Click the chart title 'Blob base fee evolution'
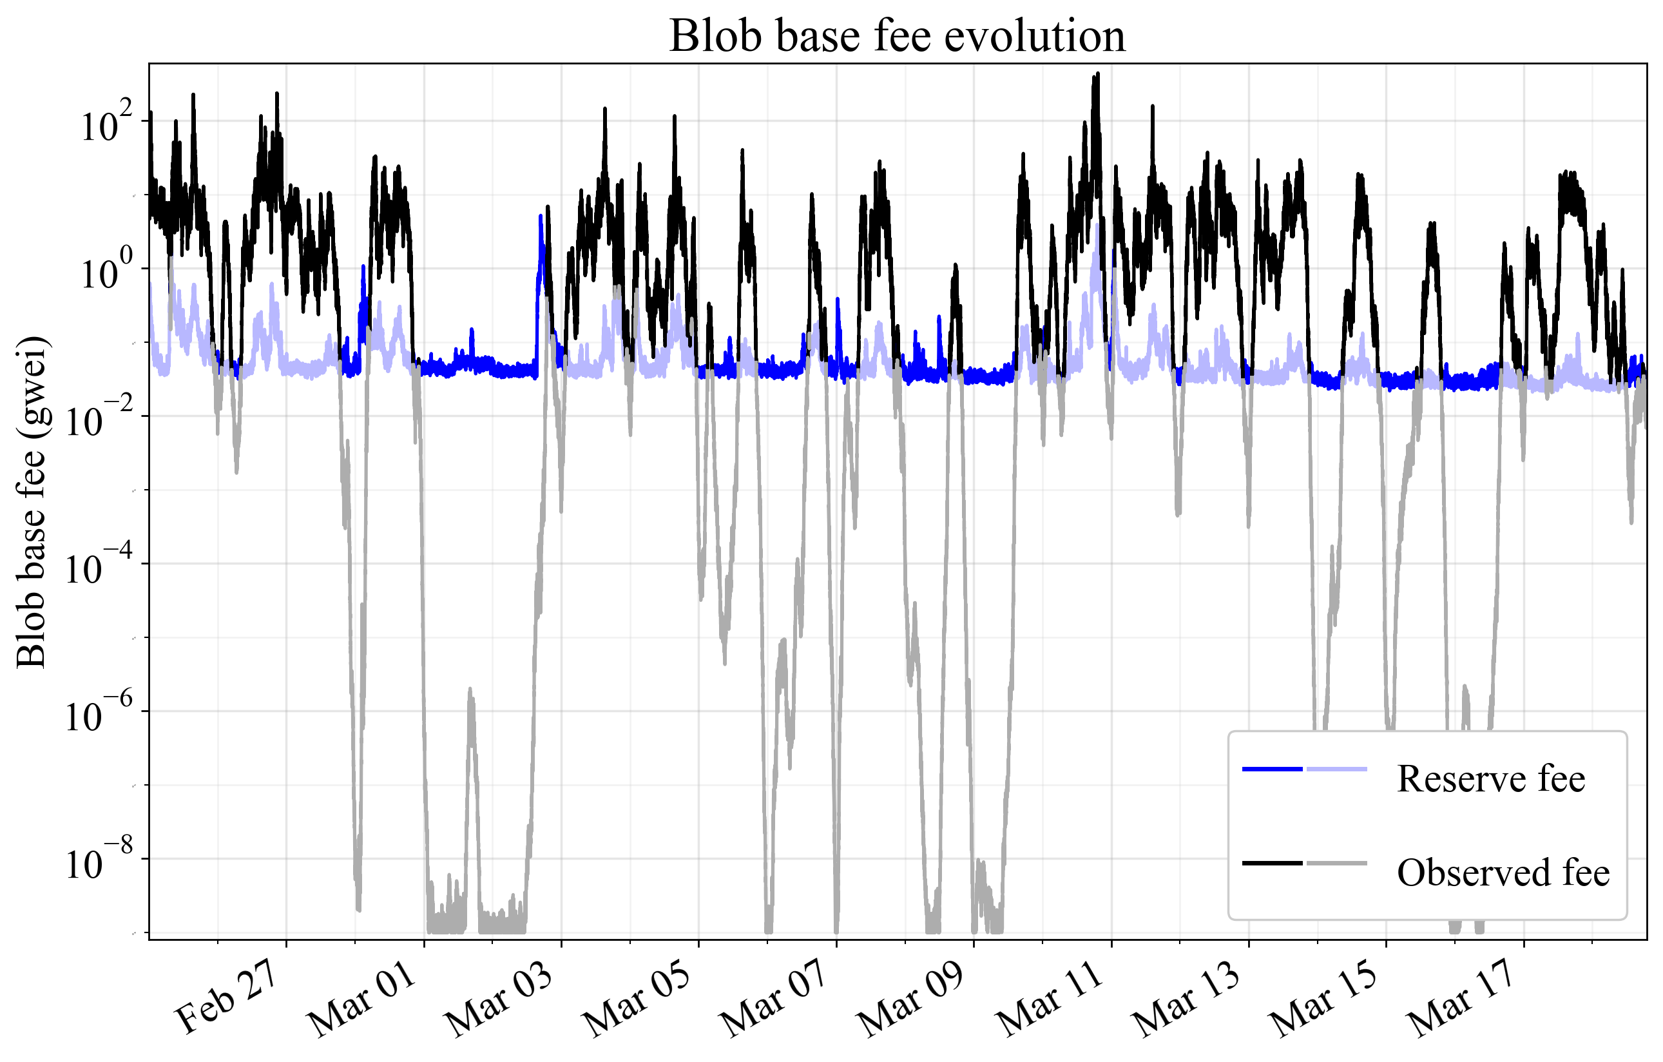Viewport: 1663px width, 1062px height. [x=897, y=36]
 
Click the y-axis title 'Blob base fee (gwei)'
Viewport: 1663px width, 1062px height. [x=31, y=502]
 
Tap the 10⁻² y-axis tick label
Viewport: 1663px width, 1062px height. [x=97, y=422]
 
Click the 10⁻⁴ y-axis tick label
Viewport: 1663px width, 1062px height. [x=97, y=570]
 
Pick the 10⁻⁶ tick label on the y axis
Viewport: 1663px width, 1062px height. [x=97, y=717]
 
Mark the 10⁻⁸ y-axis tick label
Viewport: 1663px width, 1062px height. [x=97, y=865]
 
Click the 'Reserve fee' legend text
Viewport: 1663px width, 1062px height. [x=1490, y=780]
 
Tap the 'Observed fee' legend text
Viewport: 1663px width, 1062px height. [x=1503, y=873]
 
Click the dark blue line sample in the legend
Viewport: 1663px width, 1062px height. [x=1272, y=769]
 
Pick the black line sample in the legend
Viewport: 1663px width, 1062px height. [x=1272, y=863]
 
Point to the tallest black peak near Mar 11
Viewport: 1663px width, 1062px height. [x=1097, y=75]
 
